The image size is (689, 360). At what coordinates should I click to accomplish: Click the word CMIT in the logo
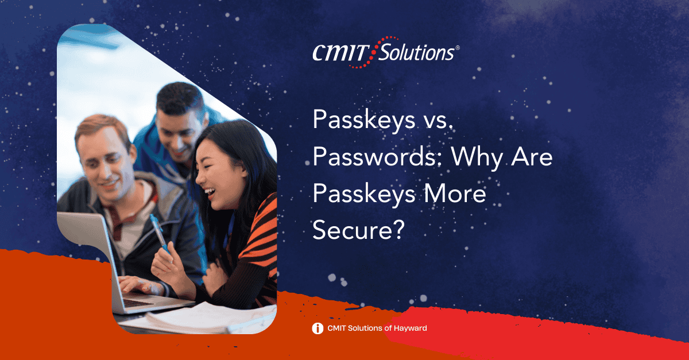341,53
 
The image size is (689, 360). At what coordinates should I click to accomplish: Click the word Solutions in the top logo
416,52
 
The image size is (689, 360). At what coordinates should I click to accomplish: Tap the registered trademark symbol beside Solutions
458,48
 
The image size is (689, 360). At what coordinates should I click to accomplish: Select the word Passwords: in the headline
378,157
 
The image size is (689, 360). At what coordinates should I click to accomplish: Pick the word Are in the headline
532,157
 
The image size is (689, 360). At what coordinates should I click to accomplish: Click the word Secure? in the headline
358,230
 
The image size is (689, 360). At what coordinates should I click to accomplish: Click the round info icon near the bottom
318,328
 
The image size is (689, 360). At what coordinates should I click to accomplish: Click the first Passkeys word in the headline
364,121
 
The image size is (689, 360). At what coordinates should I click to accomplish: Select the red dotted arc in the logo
373,52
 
